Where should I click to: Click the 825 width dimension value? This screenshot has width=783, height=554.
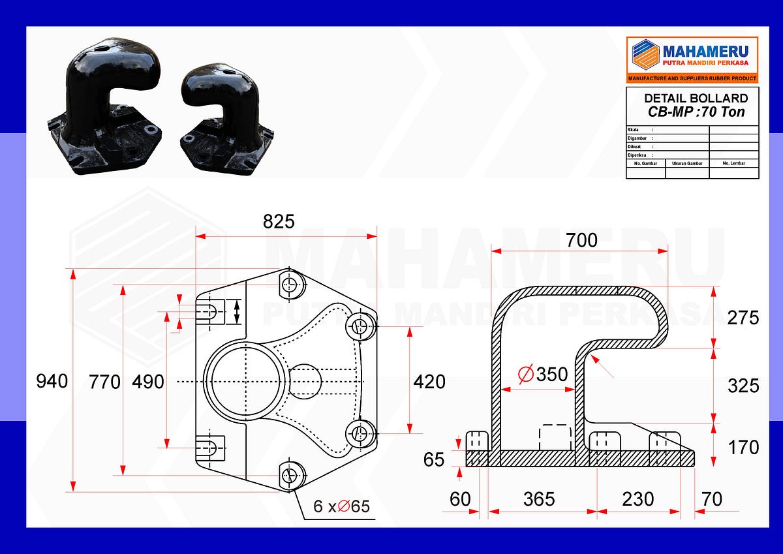279,222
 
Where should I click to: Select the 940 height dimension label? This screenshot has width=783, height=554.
52,381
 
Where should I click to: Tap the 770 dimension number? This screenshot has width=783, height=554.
104,381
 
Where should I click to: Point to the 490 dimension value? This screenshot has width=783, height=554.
147,381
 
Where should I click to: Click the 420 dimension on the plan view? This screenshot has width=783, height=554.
429,381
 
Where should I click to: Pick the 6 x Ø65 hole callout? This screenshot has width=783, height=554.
341,506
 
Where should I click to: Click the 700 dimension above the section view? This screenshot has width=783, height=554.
581,241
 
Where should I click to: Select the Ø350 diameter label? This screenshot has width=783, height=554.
543,374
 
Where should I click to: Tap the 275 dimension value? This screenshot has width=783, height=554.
743,318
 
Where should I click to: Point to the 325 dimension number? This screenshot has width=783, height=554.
743,386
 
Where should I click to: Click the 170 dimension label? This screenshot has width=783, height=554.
743,448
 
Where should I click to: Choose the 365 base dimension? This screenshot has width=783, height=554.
539,499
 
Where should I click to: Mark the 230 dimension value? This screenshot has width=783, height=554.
637,499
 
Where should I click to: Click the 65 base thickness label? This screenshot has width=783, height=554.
434,459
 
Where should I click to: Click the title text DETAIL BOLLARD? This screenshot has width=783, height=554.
696,99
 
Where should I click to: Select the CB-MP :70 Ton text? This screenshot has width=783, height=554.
696,112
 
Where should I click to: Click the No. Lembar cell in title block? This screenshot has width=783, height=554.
733,163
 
